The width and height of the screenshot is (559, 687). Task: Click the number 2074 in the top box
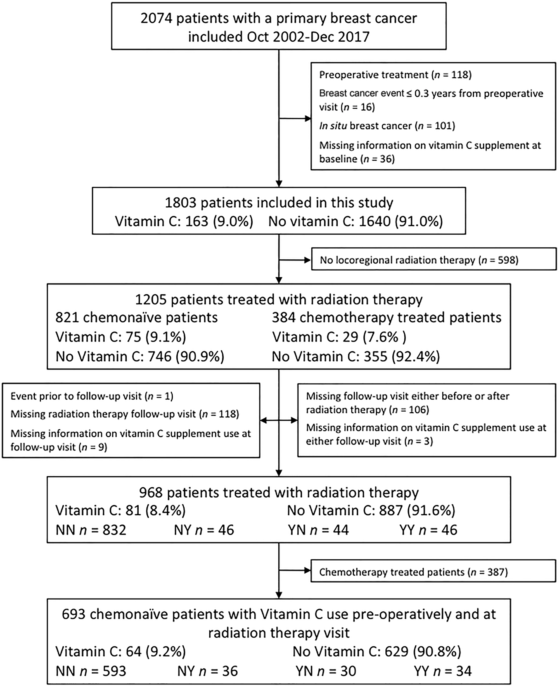[156, 18]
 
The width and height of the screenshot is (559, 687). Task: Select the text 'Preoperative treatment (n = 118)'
[395, 75]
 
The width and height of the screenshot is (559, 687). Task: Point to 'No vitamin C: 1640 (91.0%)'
[356, 221]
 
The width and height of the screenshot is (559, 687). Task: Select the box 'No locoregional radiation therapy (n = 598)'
[434, 260]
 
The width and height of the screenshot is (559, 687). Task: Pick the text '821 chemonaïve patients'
[136, 318]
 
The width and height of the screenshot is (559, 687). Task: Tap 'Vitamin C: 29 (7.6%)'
[339, 337]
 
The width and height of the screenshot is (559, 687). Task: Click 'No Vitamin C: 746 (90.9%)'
[140, 357]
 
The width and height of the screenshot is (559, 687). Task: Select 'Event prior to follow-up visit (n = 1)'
[92, 396]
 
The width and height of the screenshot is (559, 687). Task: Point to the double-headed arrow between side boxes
[279, 420]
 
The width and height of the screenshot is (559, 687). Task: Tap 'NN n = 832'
[91, 530]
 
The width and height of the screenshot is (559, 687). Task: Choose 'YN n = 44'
[318, 530]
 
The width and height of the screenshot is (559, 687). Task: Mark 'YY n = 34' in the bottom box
[443, 671]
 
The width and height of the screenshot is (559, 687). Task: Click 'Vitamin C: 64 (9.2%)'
[120, 652]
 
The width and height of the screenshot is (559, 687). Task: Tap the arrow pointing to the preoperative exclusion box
[295, 119]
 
